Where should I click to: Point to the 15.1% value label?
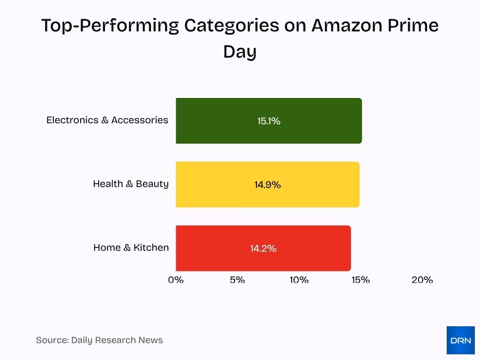click(269, 121)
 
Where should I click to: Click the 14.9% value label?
click(268, 185)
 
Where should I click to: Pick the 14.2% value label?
click(263, 248)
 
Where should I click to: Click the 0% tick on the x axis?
click(176, 280)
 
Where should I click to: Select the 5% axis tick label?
click(237, 280)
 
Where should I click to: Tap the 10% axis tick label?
click(299, 280)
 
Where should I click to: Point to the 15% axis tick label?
click(360, 280)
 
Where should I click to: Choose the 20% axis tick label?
click(422, 280)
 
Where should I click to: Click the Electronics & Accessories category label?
click(107, 120)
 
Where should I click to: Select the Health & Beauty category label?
click(130, 184)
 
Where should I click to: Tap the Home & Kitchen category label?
click(131, 247)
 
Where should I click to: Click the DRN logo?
click(460, 340)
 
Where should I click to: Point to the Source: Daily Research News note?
click(99, 340)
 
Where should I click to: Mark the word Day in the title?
click(240, 52)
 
